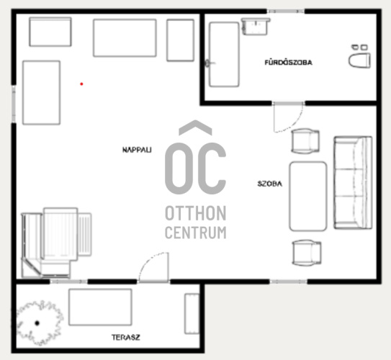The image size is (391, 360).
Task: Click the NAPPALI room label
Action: pos(137,150)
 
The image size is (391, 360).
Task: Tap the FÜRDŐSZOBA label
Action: pos(288,63)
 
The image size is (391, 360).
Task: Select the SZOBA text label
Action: pos(270,184)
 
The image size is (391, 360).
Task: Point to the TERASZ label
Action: pos(126,337)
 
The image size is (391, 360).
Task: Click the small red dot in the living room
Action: pos(81,84)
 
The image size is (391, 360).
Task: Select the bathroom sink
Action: pos(256,26)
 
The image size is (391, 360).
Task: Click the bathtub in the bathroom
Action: pos(224,54)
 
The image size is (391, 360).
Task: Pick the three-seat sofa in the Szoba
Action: pos(353,182)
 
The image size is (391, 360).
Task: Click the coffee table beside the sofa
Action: pos(308,197)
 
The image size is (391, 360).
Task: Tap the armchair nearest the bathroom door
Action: pos(305,140)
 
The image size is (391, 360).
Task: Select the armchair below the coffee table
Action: pos(307,252)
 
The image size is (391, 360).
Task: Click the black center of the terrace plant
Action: pos(37,323)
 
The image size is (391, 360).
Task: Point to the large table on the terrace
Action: pos(100,307)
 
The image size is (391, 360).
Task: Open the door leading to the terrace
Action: pos(154,268)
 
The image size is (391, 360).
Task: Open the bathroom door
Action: pos(288,117)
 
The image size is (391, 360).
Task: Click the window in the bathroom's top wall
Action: pos(286,12)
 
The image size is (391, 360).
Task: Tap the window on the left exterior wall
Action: pos(14,104)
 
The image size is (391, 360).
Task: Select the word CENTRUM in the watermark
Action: pos(196,233)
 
